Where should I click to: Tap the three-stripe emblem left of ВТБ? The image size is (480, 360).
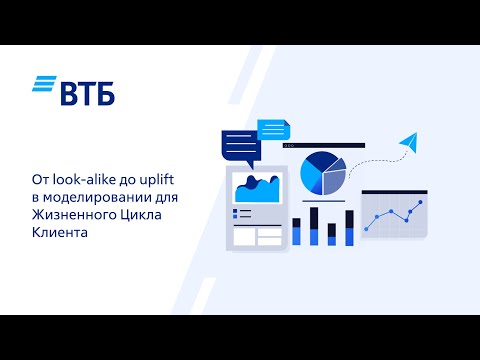point(44,86)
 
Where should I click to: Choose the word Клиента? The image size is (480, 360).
point(60,231)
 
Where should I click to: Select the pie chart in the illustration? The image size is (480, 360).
point(322,173)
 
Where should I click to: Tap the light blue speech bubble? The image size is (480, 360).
point(272,129)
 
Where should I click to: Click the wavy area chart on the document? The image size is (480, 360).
point(257,188)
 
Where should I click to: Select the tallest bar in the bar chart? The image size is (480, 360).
point(314,226)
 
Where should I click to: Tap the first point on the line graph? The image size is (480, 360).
point(367,229)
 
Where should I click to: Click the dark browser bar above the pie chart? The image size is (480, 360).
point(324,146)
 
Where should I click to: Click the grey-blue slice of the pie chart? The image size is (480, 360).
point(335,180)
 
